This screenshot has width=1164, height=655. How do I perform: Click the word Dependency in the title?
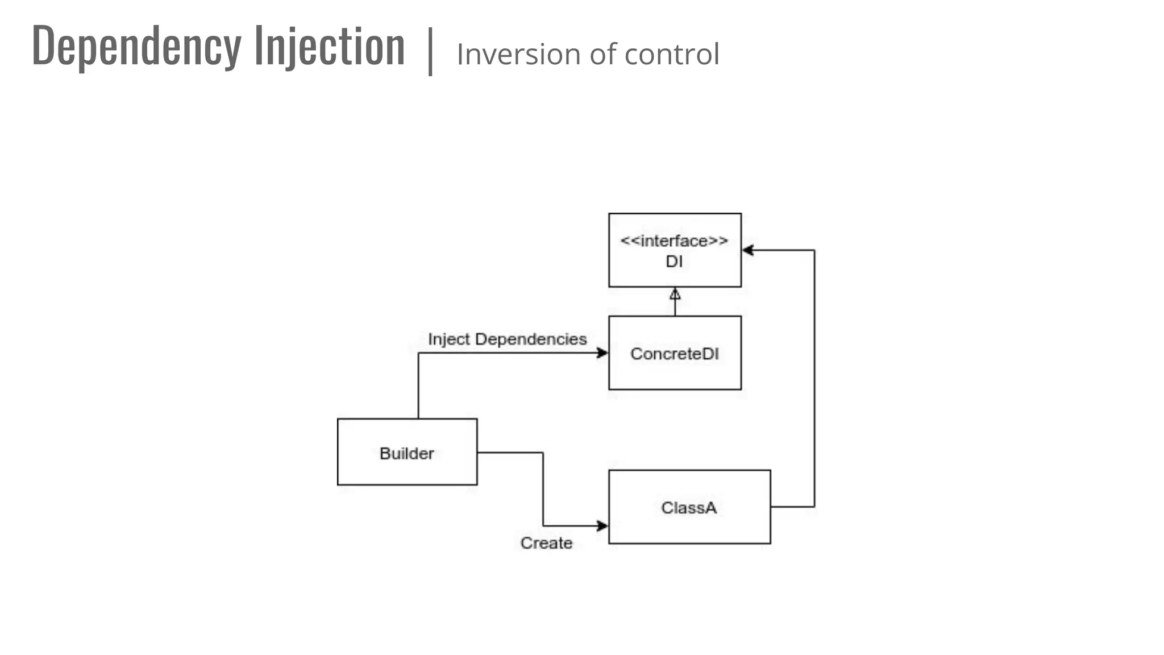point(136,47)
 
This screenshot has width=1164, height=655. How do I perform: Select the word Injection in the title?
point(330,47)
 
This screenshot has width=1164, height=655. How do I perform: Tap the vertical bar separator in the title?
point(431,51)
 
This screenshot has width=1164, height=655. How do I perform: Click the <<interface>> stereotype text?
point(674,241)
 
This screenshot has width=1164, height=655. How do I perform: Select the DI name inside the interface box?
point(674,262)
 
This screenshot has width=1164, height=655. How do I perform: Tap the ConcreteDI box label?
point(675,354)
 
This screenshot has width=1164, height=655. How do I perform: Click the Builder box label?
point(407,453)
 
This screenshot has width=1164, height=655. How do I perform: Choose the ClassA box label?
point(689,507)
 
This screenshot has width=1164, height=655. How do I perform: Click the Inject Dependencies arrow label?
point(507,339)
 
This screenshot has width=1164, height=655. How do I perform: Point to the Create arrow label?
point(546,543)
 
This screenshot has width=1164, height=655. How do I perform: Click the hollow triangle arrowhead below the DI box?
point(675,294)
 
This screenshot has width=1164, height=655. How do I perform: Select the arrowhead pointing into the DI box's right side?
point(748,250)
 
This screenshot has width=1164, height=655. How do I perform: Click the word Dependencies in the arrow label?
point(531,339)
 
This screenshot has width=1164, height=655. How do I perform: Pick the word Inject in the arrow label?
point(449,339)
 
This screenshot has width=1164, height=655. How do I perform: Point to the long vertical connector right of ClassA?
point(814,378)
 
